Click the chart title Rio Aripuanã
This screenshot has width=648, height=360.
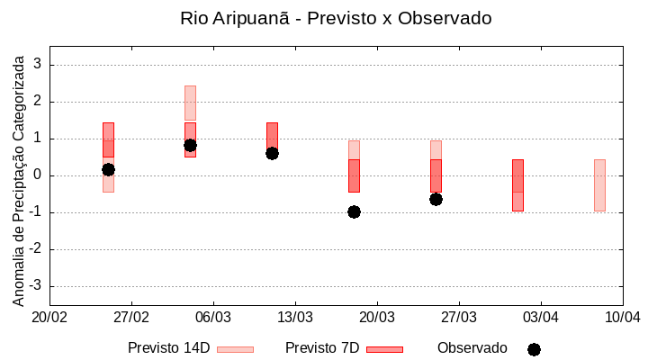[336, 18]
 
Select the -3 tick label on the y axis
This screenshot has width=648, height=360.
[36, 286]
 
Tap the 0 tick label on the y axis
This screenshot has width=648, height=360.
[39, 175]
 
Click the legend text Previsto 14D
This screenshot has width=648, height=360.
[168, 348]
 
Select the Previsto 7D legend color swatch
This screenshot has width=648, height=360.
[384, 349]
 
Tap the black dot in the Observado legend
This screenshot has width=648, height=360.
[534, 349]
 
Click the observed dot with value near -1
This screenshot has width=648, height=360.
[354, 211]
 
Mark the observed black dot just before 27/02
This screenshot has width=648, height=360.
[108, 169]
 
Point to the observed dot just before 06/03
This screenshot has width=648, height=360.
[190, 145]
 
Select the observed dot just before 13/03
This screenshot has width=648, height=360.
[272, 153]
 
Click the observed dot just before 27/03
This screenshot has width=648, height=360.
[436, 199]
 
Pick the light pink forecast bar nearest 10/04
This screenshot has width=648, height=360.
[599, 184]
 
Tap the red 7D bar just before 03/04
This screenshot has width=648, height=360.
[517, 184]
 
